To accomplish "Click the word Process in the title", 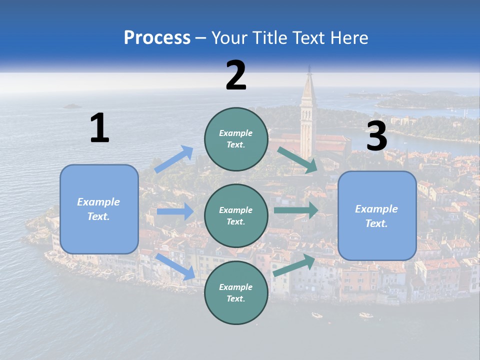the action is tap(157, 38).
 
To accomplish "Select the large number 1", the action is tap(99, 128).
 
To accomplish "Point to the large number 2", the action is tap(236, 75).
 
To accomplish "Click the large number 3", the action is tap(376, 136).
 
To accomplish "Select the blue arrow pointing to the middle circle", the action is tap(175, 211).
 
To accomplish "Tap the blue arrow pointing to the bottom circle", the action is tap(175, 266).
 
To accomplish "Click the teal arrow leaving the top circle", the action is tap(298, 160).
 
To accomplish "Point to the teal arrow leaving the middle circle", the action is tap(296, 210).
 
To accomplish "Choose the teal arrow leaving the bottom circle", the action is tap(294, 265).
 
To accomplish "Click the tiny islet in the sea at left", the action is tap(72, 106).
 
